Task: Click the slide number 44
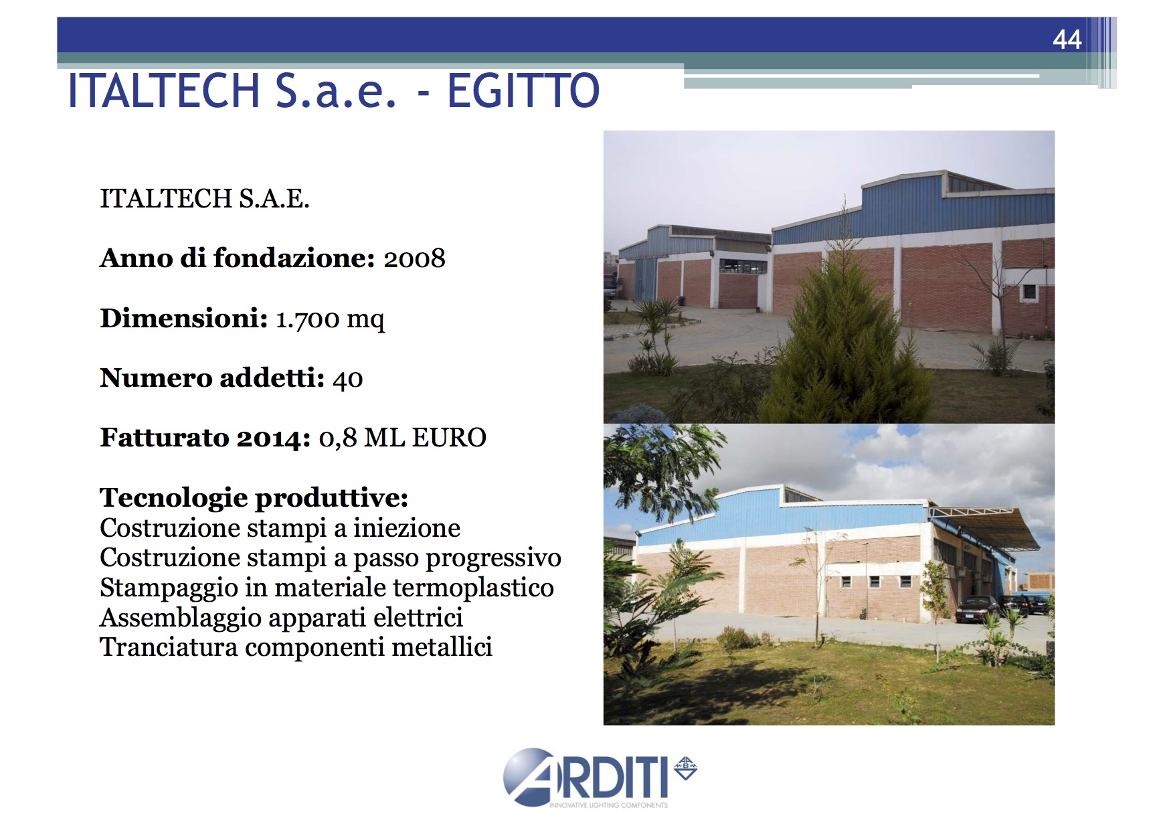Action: (1067, 39)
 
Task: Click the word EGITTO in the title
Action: (523, 91)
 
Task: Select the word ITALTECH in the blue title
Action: (164, 91)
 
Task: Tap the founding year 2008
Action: (414, 258)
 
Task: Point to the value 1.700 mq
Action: (330, 319)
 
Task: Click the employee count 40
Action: (348, 379)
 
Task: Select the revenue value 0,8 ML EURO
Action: (402, 438)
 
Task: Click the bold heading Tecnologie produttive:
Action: (254, 498)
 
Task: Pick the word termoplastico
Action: (473, 588)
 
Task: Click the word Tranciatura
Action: (169, 647)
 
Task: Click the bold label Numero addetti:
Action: (212, 378)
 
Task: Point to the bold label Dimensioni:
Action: (184, 319)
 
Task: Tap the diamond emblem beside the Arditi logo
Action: (685, 768)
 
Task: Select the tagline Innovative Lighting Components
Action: (608, 805)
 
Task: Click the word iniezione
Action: (407, 528)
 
